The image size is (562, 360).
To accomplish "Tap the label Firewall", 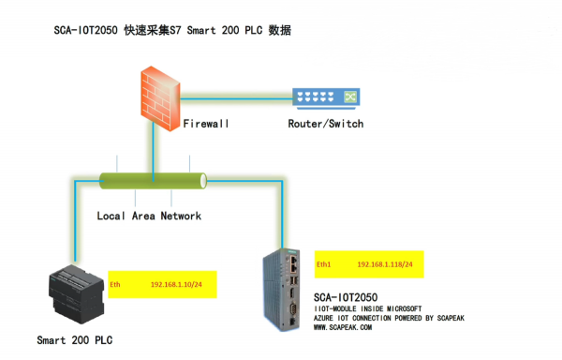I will click(206, 124).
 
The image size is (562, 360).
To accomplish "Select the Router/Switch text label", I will click(326, 124).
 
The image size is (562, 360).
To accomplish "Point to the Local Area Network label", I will click(149, 216).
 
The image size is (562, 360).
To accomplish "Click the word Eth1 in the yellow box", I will click(324, 265).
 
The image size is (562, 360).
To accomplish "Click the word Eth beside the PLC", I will click(116, 282).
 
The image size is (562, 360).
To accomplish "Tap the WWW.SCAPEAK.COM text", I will click(342, 328).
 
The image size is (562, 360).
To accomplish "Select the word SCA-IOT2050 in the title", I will click(87, 31).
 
